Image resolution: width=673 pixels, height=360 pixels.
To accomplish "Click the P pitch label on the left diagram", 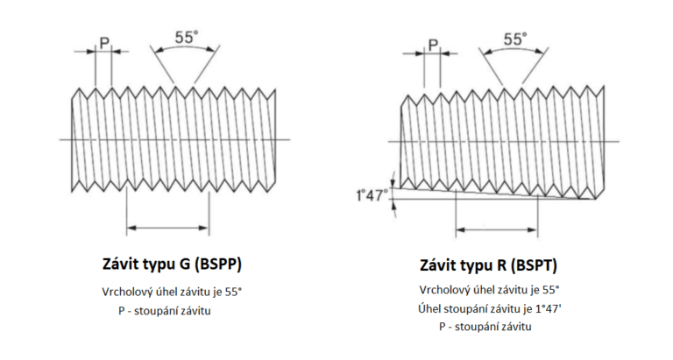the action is (x=104, y=43).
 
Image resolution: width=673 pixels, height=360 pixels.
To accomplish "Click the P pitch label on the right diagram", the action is (x=433, y=45).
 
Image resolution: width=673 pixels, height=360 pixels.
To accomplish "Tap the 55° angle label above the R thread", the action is (x=514, y=39).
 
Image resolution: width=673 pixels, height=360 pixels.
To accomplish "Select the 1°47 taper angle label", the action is (x=369, y=195).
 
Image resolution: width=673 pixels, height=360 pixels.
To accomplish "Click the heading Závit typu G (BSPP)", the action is (x=172, y=264).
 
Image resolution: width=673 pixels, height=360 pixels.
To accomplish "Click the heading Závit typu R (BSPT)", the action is (x=488, y=265).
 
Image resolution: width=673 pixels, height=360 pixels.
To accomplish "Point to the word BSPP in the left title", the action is (x=218, y=264).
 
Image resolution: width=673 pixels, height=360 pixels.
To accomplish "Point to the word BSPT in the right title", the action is (x=534, y=265).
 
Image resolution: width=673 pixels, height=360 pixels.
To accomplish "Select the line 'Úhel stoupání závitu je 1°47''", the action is (x=490, y=308).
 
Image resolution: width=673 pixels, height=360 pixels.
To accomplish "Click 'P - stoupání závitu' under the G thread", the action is (x=165, y=311).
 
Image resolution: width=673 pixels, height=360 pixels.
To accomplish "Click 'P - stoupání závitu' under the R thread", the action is (x=485, y=327).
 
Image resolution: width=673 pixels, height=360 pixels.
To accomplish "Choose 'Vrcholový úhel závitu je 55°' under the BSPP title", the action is (x=172, y=293).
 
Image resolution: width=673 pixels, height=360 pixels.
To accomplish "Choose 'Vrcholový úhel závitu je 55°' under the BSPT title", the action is (x=490, y=290).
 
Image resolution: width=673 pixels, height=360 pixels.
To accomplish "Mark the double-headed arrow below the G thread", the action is (x=168, y=228).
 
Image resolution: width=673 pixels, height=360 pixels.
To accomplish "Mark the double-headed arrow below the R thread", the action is (x=497, y=230).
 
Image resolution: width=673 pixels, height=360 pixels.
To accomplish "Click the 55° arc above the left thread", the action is (x=185, y=46).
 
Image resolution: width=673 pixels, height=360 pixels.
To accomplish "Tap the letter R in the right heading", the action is (x=502, y=265).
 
